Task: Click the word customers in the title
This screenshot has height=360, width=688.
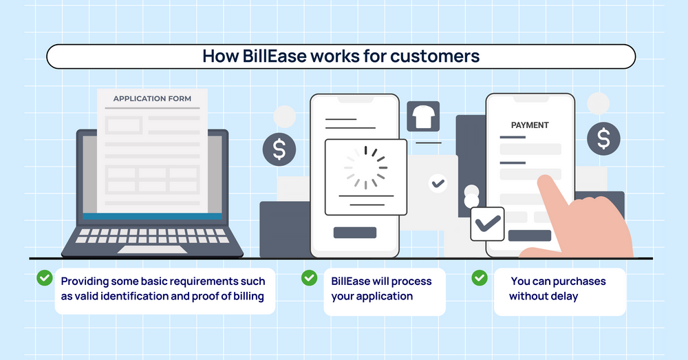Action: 435,56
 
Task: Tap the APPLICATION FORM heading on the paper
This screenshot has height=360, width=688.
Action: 152,98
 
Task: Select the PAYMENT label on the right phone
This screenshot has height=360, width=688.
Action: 530,125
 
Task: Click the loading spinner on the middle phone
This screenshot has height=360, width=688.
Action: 365,167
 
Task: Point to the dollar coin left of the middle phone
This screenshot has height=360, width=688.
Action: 279,150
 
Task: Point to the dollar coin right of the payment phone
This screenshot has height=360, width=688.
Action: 603,139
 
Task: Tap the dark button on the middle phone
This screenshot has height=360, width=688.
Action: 354,233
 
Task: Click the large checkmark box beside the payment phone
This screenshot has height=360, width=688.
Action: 487,223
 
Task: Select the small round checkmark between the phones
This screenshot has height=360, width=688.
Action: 437,183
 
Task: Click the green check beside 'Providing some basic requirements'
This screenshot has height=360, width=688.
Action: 45,277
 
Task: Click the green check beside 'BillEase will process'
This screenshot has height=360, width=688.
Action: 309,277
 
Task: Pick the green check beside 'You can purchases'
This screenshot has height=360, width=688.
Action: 479,277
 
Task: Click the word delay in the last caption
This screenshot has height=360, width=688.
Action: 563,296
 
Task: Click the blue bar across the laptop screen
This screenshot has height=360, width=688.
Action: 152,217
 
